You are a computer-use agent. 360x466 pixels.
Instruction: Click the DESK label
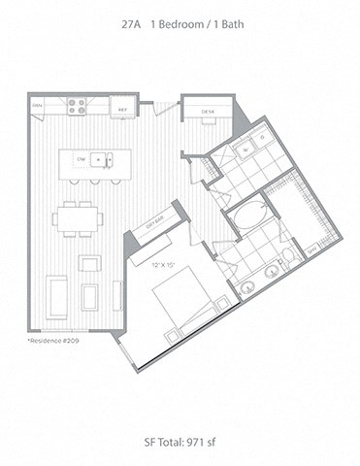click(207, 112)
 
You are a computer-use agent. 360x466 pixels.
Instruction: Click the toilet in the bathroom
click(289, 256)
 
